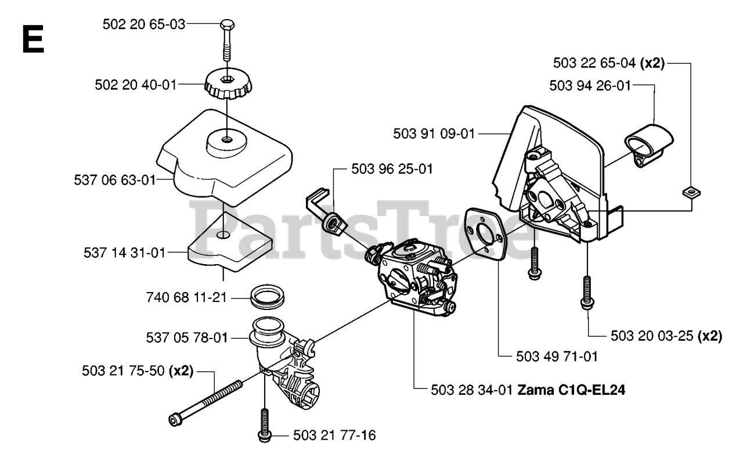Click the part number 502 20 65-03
tap(143, 24)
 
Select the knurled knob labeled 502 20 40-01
tap(226, 84)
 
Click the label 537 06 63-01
tap(115, 180)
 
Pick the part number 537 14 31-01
tap(125, 253)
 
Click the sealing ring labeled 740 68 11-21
tap(268, 297)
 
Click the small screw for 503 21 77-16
tap(264, 424)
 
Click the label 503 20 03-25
tap(653, 336)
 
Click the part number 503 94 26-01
tap(590, 85)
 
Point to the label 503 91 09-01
tap(434, 134)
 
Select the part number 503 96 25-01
tap(392, 169)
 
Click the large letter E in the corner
tap(33, 39)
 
